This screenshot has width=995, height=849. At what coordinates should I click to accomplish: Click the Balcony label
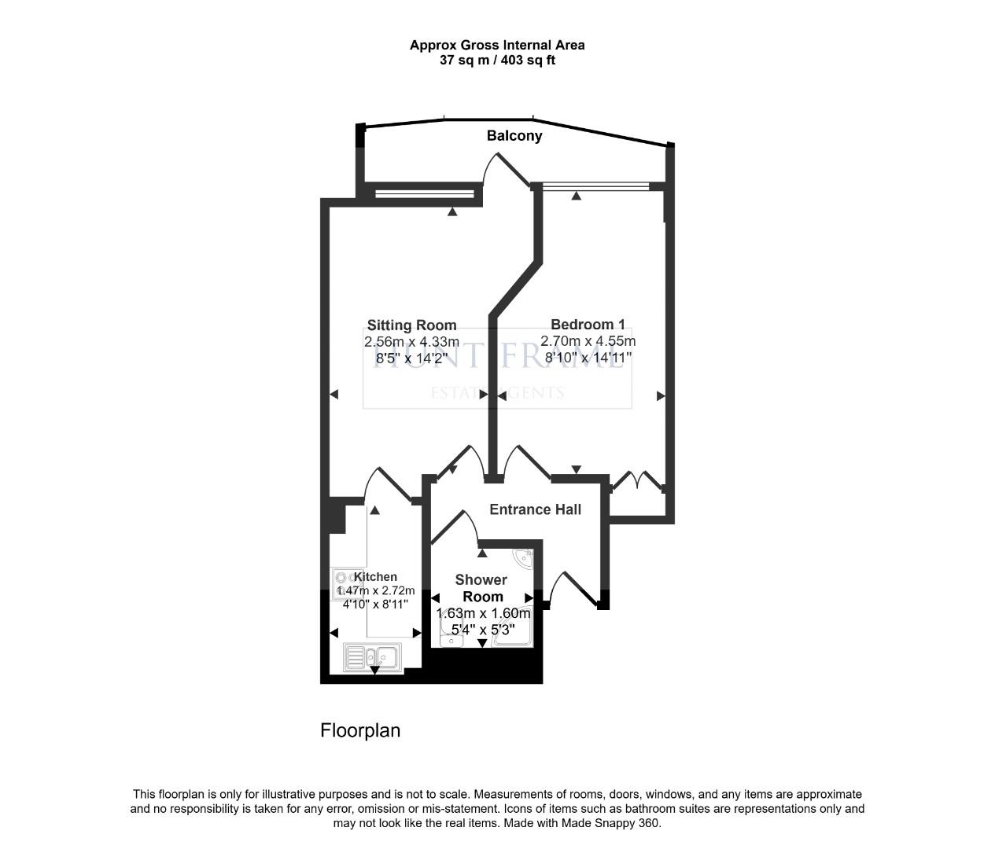[x=514, y=136]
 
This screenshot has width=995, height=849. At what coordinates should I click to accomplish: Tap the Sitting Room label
[x=411, y=325]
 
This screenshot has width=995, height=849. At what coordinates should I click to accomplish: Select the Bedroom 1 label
[x=588, y=325]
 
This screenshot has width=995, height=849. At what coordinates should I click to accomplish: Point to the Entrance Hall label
[x=535, y=509]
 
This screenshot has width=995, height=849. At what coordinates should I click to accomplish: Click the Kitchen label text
[x=375, y=577]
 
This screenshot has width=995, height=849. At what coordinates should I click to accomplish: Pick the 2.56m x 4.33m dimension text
[x=411, y=342]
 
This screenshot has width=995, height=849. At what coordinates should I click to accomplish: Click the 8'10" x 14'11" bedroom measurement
[x=588, y=358]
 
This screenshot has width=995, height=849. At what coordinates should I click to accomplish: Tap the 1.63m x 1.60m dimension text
[x=483, y=613]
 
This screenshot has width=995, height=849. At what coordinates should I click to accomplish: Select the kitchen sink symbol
[x=373, y=656]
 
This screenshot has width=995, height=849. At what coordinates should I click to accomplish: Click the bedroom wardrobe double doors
[x=637, y=480]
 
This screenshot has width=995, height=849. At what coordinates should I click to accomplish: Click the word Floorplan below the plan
[x=360, y=730]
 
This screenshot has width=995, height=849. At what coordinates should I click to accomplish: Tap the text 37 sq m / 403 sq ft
[x=497, y=61]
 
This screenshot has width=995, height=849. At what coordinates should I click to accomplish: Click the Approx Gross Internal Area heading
[x=497, y=46]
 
